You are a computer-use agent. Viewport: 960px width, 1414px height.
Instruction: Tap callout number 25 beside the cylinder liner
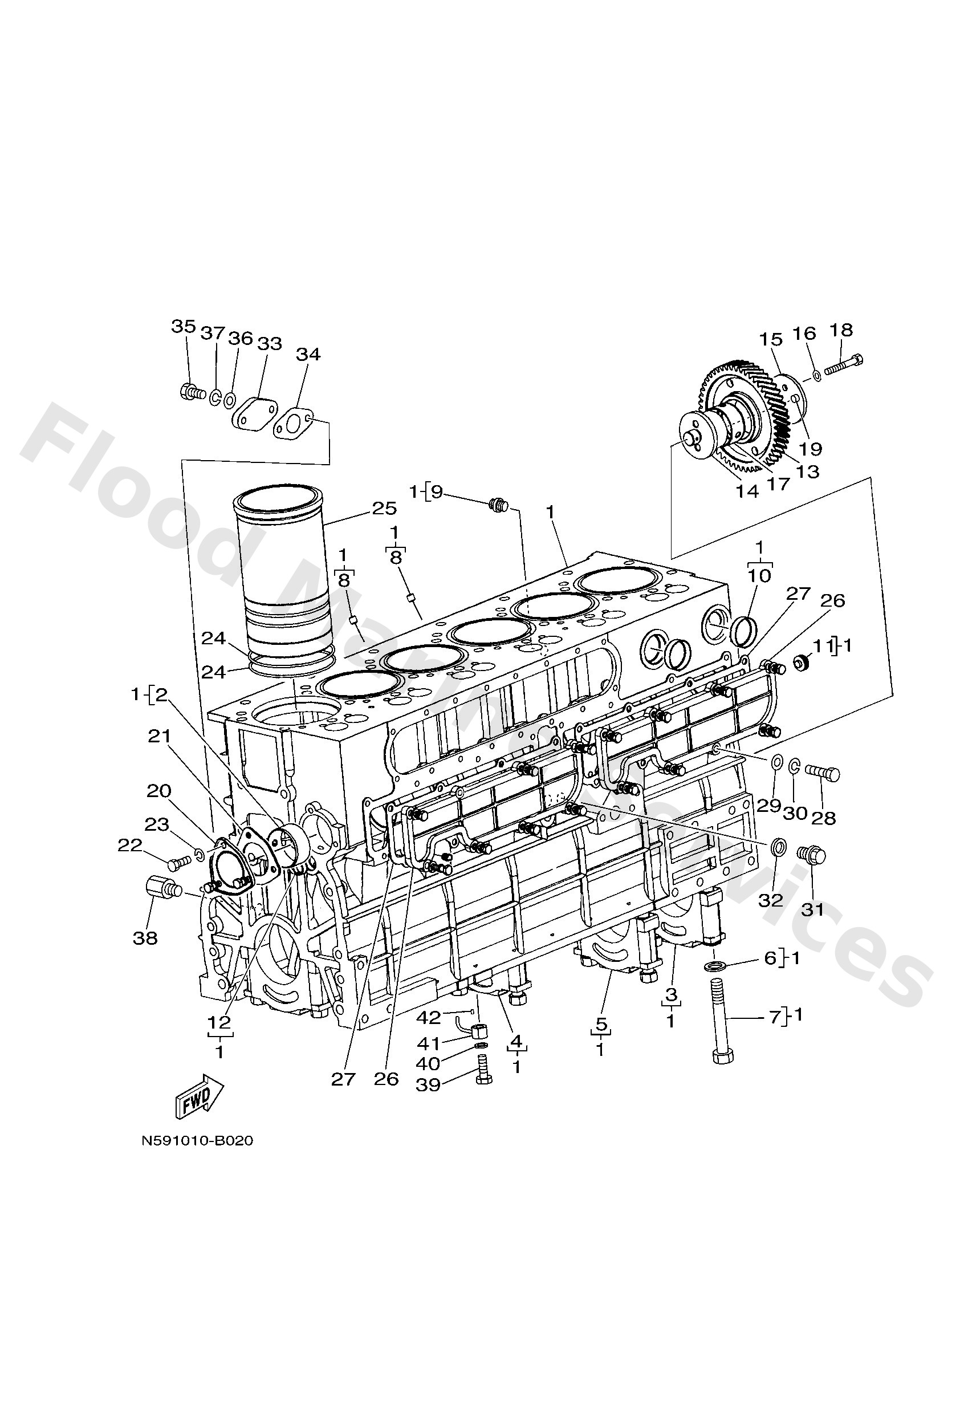click(x=384, y=508)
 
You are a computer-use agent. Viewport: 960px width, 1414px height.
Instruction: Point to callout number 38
click(x=145, y=938)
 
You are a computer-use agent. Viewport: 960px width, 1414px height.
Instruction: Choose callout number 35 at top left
click(x=183, y=327)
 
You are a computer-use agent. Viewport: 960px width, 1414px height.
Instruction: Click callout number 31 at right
click(x=812, y=910)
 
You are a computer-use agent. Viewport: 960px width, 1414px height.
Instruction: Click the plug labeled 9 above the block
click(x=498, y=504)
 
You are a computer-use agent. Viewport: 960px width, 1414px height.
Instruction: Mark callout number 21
click(x=160, y=737)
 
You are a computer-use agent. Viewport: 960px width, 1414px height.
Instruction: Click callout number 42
click(x=428, y=1017)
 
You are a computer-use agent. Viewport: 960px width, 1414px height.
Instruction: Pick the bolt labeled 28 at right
click(x=823, y=774)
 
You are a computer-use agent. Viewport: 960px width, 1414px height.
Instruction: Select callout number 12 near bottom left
click(x=219, y=1022)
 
